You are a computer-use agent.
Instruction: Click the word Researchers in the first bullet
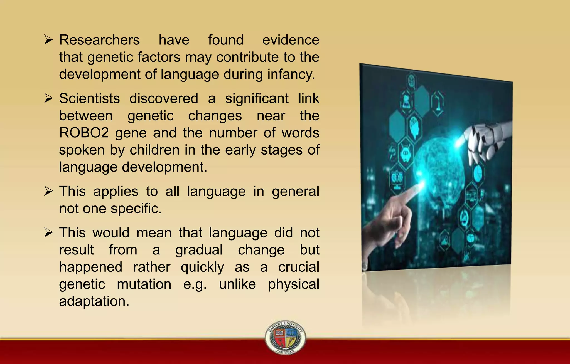coord(99,40)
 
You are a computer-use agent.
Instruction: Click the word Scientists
coord(89,99)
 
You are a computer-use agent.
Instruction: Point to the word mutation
coord(144,284)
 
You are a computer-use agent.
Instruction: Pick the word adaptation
coord(94,301)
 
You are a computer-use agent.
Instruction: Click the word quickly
coord(202,268)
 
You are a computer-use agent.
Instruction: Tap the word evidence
coord(291,40)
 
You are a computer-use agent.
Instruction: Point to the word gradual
coord(199,250)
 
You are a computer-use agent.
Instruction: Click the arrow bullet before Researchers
coord(48,40)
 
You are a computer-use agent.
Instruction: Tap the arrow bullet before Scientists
coord(48,98)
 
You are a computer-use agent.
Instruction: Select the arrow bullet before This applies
coord(48,191)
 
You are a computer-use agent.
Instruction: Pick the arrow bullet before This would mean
coord(48,233)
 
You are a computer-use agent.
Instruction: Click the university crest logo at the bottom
coord(285,337)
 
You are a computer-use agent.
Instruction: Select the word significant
coord(257,99)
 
